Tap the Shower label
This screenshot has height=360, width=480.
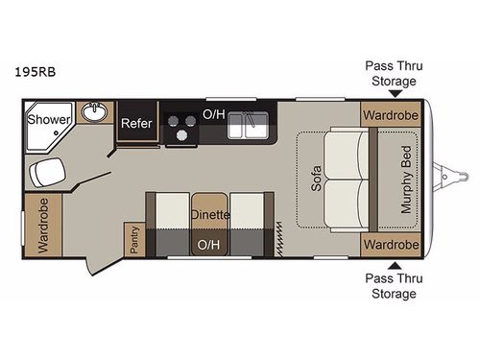coord(45,120)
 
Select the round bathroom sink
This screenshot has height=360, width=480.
coord(93,113)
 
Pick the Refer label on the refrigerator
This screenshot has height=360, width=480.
coord(135,124)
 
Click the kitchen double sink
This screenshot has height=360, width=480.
coord(252,123)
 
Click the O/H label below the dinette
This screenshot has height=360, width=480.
coord(207,245)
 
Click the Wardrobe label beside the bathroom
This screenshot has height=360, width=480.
coord(43,226)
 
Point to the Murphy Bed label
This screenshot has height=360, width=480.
coord(406,180)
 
